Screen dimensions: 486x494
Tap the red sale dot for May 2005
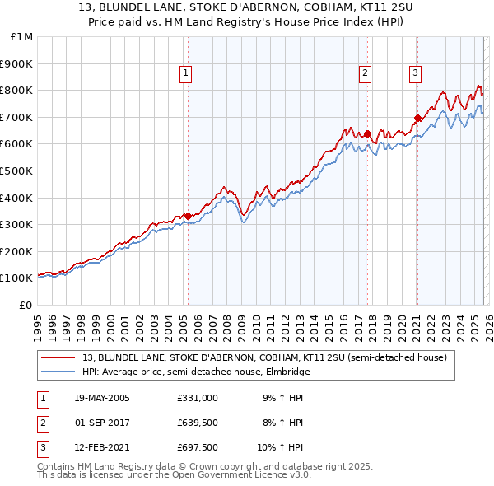pos(188,216)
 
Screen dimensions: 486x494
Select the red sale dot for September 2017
pos(367,133)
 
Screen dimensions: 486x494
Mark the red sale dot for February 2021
pos(417,118)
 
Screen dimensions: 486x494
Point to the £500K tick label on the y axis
pos(16,171)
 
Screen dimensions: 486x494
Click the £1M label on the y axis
pos(21,37)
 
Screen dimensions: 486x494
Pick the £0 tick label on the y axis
pos(26,305)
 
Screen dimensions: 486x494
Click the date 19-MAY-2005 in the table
pos(102,397)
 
